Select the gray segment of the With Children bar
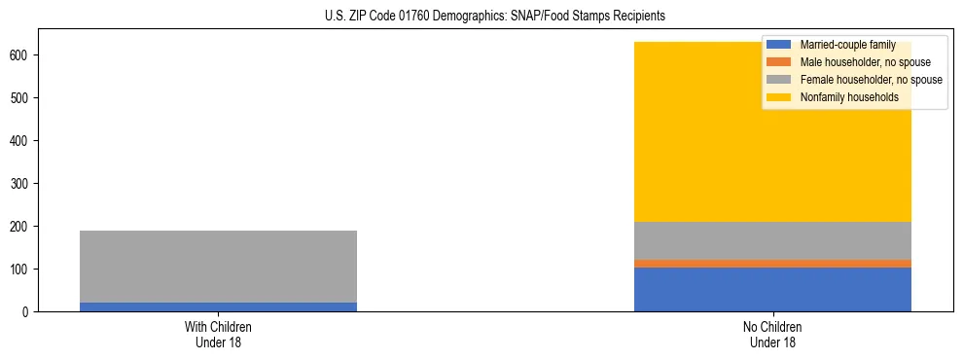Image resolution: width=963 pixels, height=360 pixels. (218, 267)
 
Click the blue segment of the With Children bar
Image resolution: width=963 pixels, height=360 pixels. (218, 306)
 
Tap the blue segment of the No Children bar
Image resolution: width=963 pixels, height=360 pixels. (772, 289)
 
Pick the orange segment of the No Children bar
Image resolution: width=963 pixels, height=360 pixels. (772, 263)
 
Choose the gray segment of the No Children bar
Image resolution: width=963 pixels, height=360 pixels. (772, 240)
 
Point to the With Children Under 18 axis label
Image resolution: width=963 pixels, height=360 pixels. (218, 334)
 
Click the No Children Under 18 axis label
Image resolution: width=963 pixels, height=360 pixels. (772, 334)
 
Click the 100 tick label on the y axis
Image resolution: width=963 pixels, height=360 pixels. (22, 270)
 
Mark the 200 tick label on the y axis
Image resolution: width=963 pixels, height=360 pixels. (22, 227)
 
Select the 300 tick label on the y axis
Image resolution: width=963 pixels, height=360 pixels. (22, 184)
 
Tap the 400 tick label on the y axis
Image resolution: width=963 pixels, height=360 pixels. (22, 141)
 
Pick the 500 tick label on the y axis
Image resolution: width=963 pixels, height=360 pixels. (22, 98)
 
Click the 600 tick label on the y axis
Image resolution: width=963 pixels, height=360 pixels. (22, 55)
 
